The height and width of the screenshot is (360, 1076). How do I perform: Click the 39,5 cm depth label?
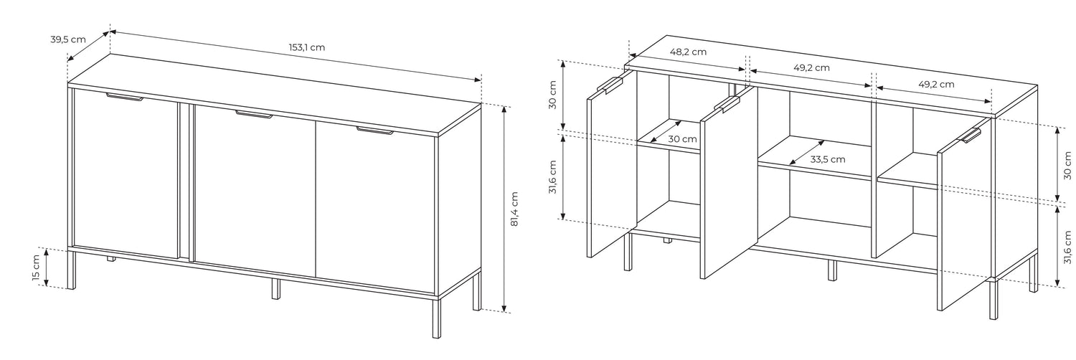coord(68,39)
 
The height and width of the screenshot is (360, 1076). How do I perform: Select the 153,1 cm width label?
coord(306,47)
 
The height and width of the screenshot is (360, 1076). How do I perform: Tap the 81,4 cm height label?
coord(514,209)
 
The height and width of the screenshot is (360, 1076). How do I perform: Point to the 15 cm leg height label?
coord(37,269)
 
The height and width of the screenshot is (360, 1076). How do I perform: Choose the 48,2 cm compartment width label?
coord(688,52)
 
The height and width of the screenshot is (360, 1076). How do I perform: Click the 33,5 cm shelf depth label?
coord(828,159)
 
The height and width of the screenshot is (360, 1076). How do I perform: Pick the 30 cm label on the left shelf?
coord(682,139)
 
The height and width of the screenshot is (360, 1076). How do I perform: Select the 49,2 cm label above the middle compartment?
coord(811,67)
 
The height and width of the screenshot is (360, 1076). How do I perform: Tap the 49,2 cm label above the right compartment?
coord(936,85)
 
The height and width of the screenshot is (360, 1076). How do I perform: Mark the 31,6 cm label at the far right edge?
coord(1067,247)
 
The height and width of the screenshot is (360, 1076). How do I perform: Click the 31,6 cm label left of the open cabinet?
coord(553,176)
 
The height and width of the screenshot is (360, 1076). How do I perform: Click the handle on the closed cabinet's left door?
coord(124,98)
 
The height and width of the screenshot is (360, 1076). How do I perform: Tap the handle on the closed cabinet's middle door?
coord(254,114)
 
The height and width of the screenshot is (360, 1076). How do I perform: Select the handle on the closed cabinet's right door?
coord(374,131)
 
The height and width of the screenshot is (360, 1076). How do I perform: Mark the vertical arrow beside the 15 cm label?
coord(46,267)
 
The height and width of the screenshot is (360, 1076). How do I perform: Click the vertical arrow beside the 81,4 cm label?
coord(504,209)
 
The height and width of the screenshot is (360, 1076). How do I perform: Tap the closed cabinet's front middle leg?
coord(275,288)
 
